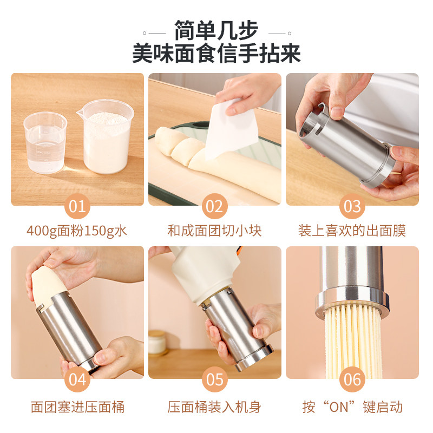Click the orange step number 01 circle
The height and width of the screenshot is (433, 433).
(x=77, y=206)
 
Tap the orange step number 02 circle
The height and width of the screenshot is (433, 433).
(x=215, y=206)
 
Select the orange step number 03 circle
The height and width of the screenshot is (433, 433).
(x=352, y=206)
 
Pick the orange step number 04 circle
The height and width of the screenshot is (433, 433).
(x=77, y=379)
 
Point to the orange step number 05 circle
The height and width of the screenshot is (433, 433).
(x=215, y=379)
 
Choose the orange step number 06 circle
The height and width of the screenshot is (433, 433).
(x=352, y=379)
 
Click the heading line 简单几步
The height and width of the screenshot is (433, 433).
(x=216, y=30)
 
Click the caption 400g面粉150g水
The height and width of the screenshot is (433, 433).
(x=77, y=231)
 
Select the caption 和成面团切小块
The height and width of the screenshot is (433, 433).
(x=215, y=231)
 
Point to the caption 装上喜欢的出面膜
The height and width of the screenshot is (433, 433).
(x=352, y=231)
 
